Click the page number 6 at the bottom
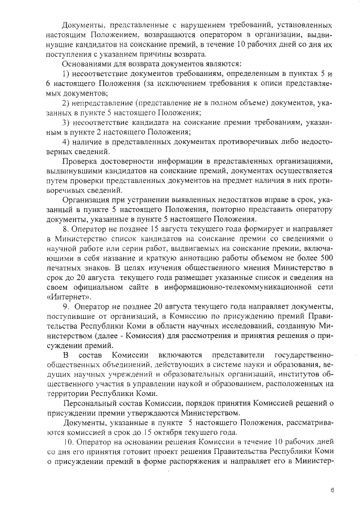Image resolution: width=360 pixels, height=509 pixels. point(332,490)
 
